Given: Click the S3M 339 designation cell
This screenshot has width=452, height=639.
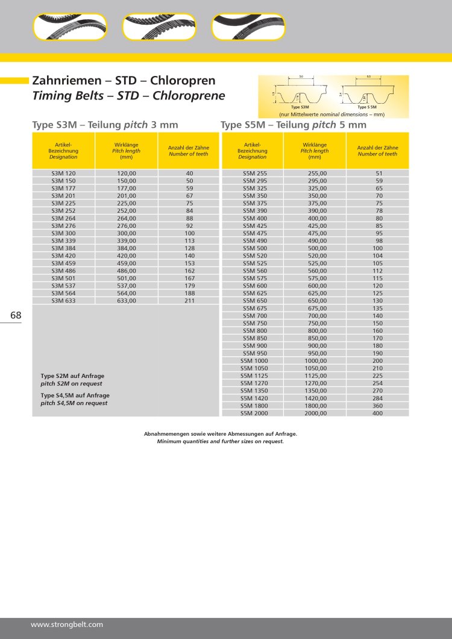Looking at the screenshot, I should click(63, 241).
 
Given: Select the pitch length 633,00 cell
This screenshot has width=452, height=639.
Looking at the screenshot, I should click(127, 300).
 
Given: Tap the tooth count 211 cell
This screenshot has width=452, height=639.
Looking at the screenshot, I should click(189, 300).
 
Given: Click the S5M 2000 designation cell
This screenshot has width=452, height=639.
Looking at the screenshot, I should click(253, 413).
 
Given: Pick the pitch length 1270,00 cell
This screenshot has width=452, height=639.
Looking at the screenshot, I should click(315, 383).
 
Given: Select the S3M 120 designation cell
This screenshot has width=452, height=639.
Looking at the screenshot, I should click(63, 173).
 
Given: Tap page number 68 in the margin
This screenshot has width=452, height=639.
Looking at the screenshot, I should click(16, 315).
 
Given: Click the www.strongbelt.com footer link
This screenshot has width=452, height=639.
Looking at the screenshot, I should click(67, 625).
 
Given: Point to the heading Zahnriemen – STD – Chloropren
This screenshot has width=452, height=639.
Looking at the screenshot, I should click(123, 80).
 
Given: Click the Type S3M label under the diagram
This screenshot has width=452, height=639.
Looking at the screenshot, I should click(300, 107).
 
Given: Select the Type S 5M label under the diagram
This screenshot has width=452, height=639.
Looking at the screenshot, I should click(367, 107).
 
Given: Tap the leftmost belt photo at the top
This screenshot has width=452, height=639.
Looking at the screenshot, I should click(70, 27).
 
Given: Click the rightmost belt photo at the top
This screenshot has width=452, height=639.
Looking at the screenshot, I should click(248, 27).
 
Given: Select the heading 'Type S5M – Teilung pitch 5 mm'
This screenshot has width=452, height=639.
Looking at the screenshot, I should click(293, 125).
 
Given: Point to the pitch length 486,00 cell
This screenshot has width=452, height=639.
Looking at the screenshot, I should click(127, 271).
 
